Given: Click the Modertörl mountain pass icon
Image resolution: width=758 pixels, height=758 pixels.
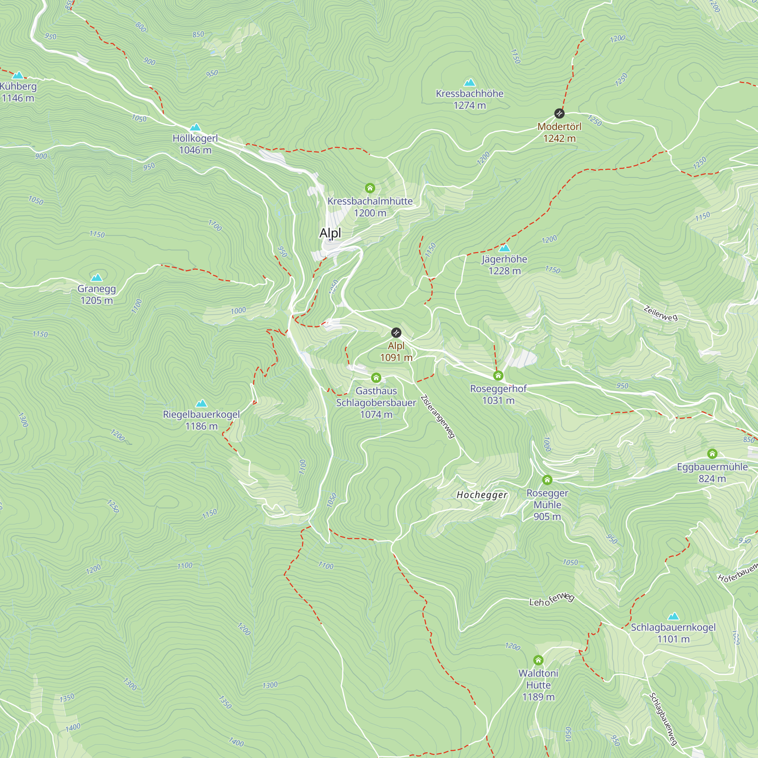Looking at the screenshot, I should pyautogui.click(x=559, y=114).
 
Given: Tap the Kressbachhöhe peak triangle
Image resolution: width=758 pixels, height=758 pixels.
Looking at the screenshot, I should pyautogui.click(x=470, y=83).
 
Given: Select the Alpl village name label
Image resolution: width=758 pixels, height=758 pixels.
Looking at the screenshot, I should pyautogui.click(x=330, y=233).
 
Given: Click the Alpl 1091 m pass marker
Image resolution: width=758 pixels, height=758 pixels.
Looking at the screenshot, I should pyautogui.click(x=396, y=333).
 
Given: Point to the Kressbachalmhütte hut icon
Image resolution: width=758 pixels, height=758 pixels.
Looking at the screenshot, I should pyautogui.click(x=370, y=188).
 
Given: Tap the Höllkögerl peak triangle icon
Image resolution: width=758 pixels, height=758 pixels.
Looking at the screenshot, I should pyautogui.click(x=196, y=127).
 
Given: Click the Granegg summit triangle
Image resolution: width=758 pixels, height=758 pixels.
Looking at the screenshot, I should pyautogui.click(x=97, y=278).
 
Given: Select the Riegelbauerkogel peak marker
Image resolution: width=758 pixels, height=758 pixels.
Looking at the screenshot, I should pyautogui.click(x=201, y=403).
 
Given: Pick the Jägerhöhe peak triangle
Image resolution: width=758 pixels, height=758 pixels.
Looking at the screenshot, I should pyautogui.click(x=504, y=248).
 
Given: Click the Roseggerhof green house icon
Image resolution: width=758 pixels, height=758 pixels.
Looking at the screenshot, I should pyautogui.click(x=498, y=376).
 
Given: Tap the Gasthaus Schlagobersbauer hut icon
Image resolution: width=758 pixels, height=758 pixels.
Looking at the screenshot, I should pyautogui.click(x=376, y=378).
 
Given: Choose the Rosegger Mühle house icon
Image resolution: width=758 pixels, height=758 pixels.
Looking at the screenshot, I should pyautogui.click(x=547, y=480).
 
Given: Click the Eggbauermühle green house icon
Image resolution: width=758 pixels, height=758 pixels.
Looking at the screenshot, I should pyautogui.click(x=713, y=454).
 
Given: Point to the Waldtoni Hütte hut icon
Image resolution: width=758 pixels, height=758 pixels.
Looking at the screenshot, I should pyautogui.click(x=538, y=660).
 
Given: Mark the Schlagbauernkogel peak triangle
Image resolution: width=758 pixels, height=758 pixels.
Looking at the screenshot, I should pyautogui.click(x=673, y=616).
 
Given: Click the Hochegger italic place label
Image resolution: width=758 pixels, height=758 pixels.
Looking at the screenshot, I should pyautogui.click(x=482, y=495).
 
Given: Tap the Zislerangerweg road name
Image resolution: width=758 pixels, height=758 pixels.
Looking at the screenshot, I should pyautogui.click(x=438, y=417).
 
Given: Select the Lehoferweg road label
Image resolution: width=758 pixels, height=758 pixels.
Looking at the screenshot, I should pyautogui.click(x=551, y=600).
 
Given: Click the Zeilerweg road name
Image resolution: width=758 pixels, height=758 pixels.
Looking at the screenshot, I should pyautogui.click(x=661, y=314).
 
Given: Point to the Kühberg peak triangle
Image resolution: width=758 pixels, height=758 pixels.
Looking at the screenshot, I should pyautogui.click(x=18, y=75).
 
